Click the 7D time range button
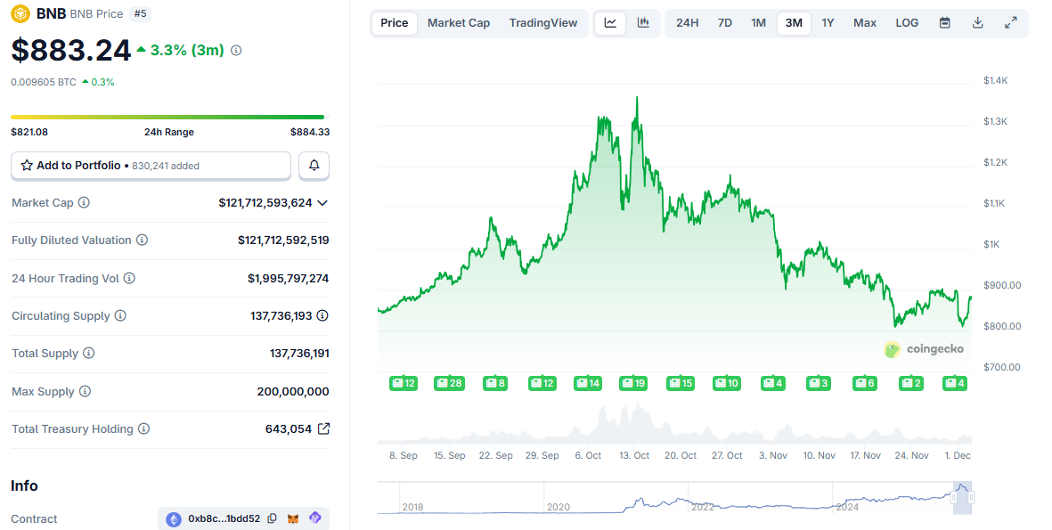click(x=725, y=23)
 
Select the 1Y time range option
click(x=828, y=23)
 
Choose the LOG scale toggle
click(x=907, y=23)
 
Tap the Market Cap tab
click(x=458, y=23)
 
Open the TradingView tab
click(x=543, y=23)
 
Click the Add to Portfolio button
click(x=151, y=166)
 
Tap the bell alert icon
click(x=314, y=166)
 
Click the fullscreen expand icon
click(x=1010, y=23)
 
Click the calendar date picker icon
click(x=944, y=23)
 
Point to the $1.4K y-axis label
click(x=995, y=80)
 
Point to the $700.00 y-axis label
click(x=1001, y=367)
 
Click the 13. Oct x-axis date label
click(x=634, y=455)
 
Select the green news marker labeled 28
click(x=449, y=383)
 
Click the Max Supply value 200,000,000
click(x=292, y=392)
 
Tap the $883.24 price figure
click(x=71, y=51)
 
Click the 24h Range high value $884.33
click(x=309, y=132)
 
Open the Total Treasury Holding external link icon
click(x=323, y=429)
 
